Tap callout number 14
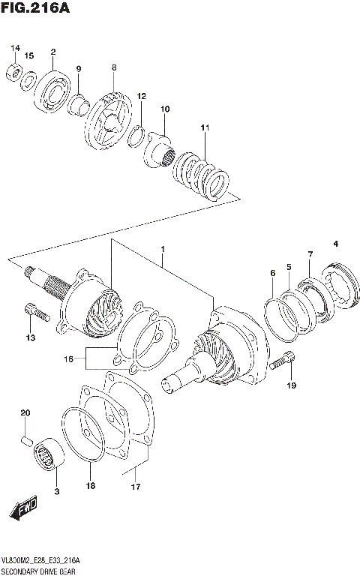pos(15,49)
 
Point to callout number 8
pos(113,67)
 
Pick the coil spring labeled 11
pos(200,174)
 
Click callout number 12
pos(141,96)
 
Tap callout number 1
pos(162,248)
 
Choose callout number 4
pos(335,243)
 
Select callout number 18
pos(91,485)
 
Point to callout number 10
pos(165,109)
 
